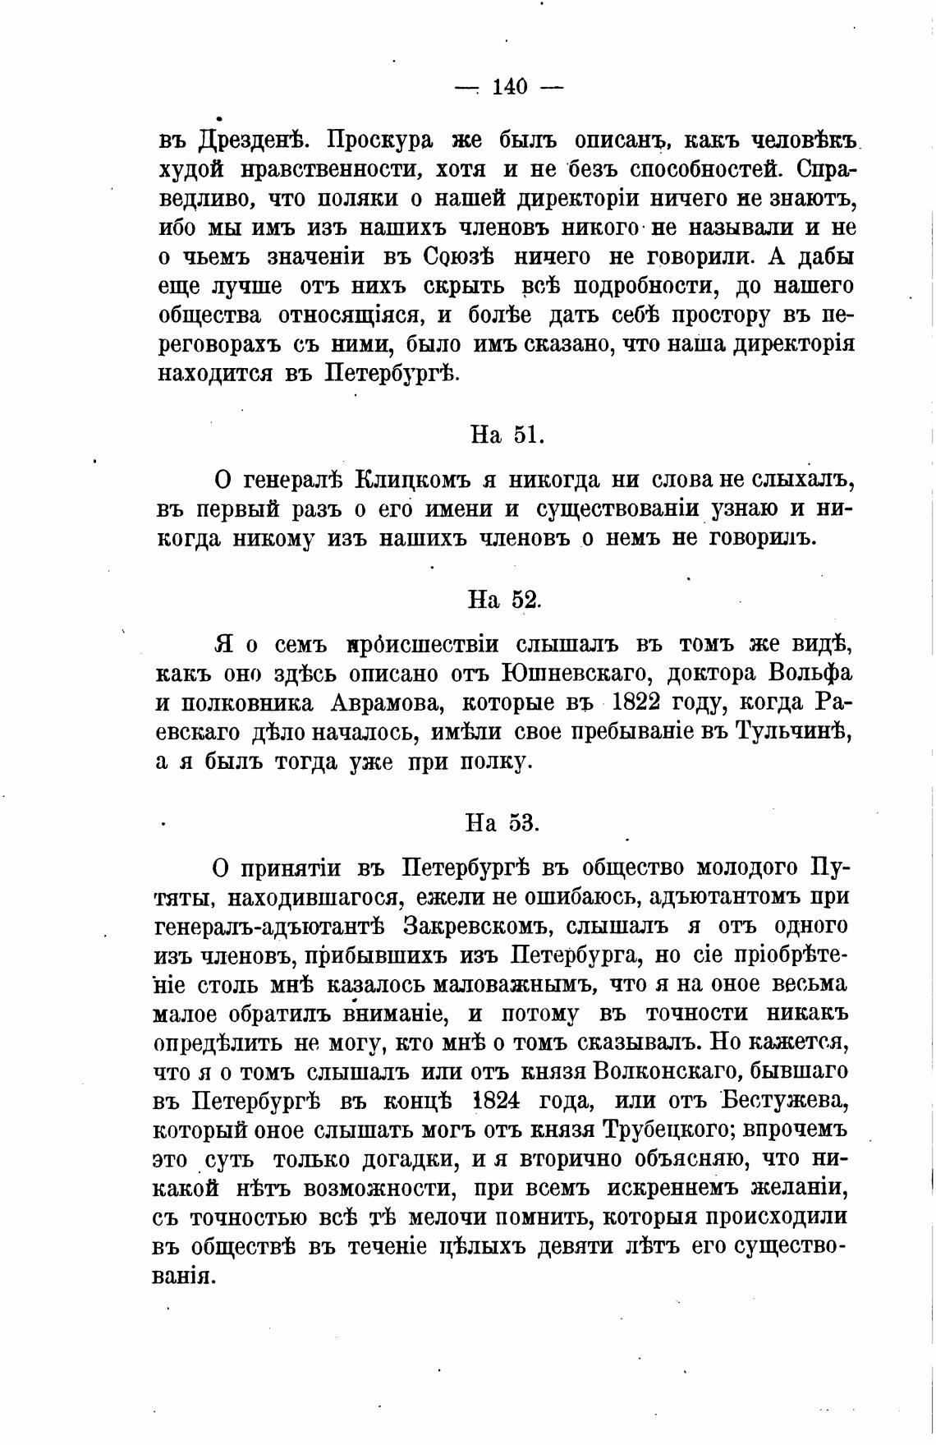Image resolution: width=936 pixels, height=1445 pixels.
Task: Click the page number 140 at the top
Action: (x=509, y=87)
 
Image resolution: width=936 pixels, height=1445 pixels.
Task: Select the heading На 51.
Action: (x=507, y=435)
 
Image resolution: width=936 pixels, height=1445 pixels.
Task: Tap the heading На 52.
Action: (x=504, y=600)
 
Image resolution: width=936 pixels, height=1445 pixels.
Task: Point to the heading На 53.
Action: (x=502, y=822)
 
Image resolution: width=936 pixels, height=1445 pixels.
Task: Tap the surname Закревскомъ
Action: (x=475, y=927)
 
